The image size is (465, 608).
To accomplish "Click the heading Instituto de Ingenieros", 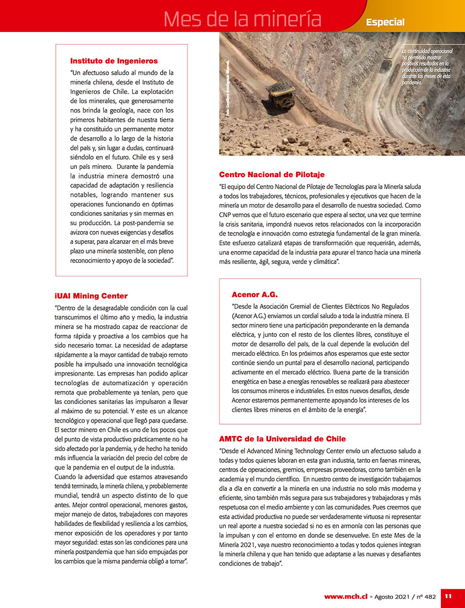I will click(x=114, y=61).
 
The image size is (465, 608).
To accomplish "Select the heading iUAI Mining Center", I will click(x=91, y=296).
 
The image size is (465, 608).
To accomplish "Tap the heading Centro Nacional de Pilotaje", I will click(x=272, y=175).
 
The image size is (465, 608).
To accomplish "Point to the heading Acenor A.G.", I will click(x=255, y=294).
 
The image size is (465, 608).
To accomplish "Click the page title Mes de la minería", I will click(x=242, y=19).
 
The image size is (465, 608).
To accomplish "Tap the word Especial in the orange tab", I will click(x=385, y=22).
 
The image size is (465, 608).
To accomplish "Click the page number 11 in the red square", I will click(x=448, y=596).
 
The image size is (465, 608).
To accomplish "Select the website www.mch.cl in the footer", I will click(x=346, y=596).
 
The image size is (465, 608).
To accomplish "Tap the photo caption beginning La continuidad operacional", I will click(x=427, y=67).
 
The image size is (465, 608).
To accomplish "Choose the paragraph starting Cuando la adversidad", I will click(x=121, y=519).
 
